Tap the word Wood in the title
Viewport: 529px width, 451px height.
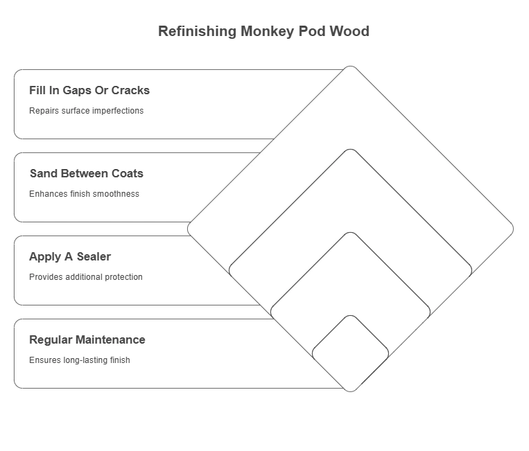coord(350,31)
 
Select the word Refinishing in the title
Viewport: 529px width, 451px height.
coord(197,31)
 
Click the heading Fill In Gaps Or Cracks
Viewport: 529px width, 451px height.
coord(89,90)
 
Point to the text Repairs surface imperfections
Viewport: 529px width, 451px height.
coord(86,111)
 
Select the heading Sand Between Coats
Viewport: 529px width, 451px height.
coord(87,173)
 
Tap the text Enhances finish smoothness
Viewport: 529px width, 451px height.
coord(84,194)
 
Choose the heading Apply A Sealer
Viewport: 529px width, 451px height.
coord(70,256)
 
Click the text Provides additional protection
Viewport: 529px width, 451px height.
coord(86,277)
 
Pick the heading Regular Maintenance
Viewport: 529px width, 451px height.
coord(87,339)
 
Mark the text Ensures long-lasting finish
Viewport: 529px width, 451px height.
coord(80,360)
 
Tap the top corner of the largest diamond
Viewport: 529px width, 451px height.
coord(350,67)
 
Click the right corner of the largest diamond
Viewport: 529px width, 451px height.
coord(512,229)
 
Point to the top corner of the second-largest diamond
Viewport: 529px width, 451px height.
coord(350,150)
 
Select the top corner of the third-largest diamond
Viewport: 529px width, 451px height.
coord(350,233)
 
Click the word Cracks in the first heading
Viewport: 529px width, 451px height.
coord(131,90)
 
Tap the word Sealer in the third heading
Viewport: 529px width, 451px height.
coord(94,256)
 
